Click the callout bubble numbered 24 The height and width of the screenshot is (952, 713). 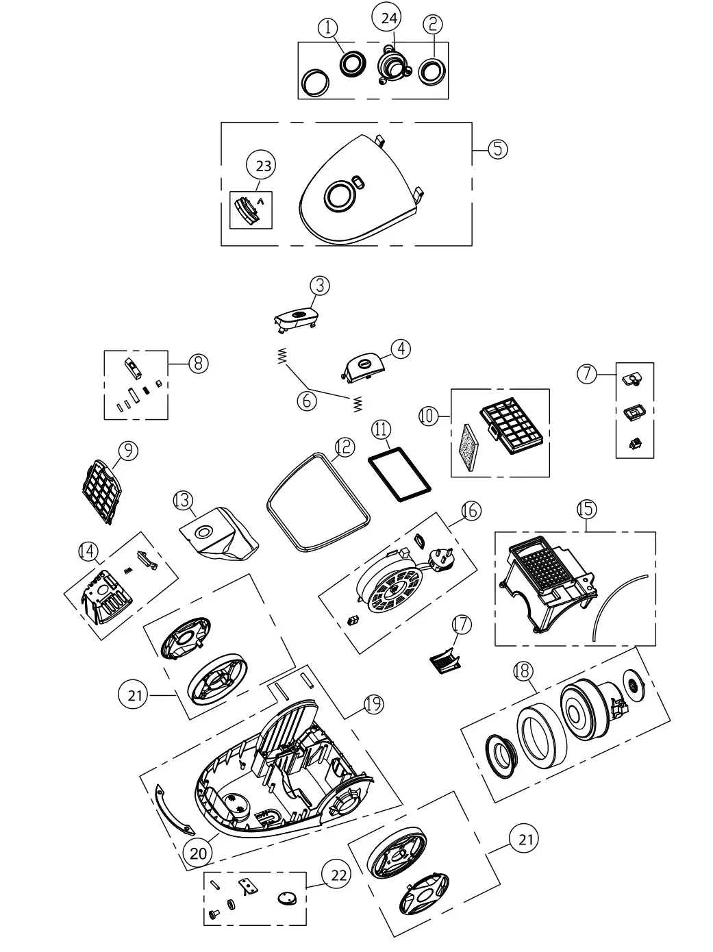tap(388, 18)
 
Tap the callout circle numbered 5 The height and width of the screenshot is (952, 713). tap(498, 149)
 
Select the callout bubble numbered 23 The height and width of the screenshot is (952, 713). tap(263, 166)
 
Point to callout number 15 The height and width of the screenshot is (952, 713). tap(586, 509)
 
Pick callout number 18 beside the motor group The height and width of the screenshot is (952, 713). tap(523, 673)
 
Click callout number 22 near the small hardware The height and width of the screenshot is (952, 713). tap(339, 875)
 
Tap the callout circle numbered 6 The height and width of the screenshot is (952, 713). tap(308, 400)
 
